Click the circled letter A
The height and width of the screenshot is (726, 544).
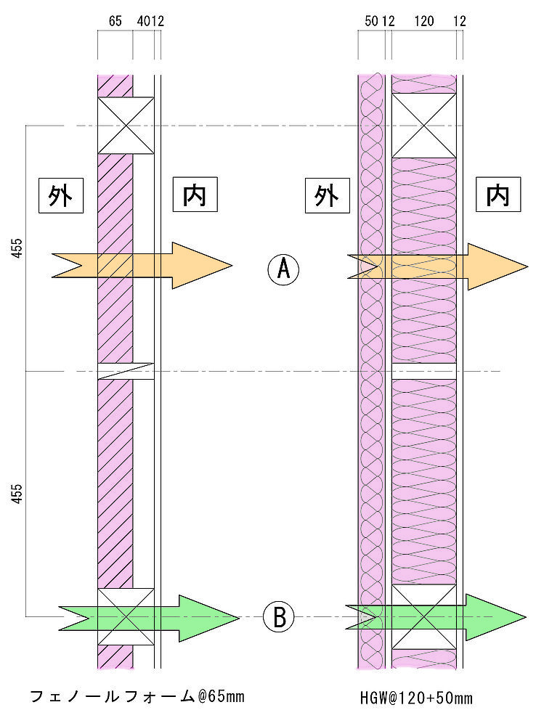[283, 269]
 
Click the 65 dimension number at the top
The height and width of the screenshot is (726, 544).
[115, 22]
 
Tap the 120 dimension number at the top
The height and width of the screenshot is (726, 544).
[423, 22]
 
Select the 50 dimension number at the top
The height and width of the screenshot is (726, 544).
[371, 22]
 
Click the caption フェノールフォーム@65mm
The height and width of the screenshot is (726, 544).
[137, 697]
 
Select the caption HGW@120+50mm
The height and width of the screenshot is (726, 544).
[416, 698]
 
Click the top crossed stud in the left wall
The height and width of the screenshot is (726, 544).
[126, 125]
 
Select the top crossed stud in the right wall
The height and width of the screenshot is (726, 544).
[424, 125]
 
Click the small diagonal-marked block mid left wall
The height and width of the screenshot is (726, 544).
[126, 370]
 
